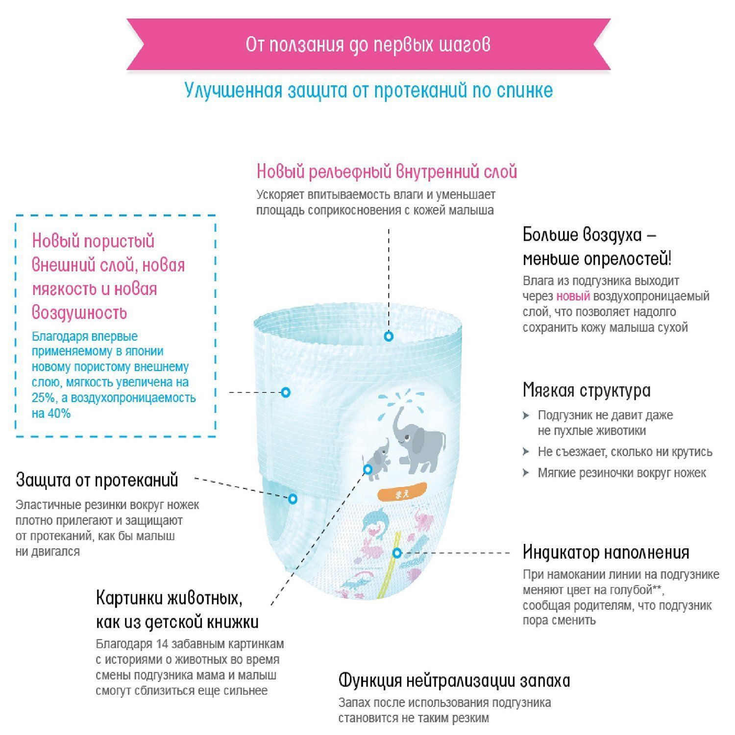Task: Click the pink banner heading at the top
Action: click(368, 45)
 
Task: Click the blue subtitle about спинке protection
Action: click(368, 91)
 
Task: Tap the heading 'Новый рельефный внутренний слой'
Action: click(387, 172)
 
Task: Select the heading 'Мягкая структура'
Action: click(587, 391)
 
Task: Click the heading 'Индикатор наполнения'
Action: click(606, 552)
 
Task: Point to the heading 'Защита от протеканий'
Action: click(97, 480)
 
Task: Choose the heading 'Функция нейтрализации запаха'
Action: click(454, 681)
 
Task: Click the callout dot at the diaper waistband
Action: click(389, 336)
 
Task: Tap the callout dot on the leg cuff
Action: click(293, 499)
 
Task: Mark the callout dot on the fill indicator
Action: click(397, 553)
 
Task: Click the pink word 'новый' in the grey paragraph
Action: click(573, 296)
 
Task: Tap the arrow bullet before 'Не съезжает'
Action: click(526, 452)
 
